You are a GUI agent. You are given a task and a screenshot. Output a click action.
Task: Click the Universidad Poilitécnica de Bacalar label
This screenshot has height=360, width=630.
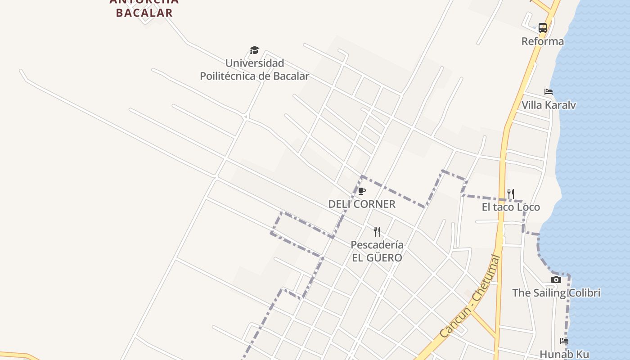pyautogui.click(x=254, y=70)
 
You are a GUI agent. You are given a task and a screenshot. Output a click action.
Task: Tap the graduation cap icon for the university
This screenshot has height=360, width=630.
pyautogui.click(x=255, y=50)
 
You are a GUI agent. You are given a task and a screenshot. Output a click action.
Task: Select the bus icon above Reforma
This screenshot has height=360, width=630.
pyautogui.click(x=543, y=27)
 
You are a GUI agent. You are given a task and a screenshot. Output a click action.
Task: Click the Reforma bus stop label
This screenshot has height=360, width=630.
pyautogui.click(x=542, y=41)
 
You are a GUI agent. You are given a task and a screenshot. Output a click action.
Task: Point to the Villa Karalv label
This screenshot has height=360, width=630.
pyautogui.click(x=549, y=105)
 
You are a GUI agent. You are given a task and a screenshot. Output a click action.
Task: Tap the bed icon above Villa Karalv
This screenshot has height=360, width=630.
pyautogui.click(x=549, y=92)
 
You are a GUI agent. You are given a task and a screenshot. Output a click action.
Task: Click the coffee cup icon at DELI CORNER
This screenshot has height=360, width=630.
pyautogui.click(x=362, y=191)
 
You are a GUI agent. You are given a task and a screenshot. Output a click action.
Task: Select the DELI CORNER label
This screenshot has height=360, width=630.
pyautogui.click(x=362, y=204)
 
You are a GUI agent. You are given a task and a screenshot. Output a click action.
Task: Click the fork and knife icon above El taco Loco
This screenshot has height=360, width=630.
pyautogui.click(x=511, y=194)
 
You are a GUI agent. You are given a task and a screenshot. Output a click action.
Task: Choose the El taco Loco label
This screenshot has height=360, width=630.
pyautogui.click(x=511, y=207)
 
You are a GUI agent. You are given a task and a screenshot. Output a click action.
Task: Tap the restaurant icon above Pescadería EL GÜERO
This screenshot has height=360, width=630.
pyautogui.click(x=377, y=232)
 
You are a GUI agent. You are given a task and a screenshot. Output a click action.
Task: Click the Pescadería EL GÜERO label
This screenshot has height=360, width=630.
pyautogui.click(x=377, y=252)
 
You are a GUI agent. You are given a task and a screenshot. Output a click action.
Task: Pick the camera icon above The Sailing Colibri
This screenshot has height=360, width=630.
pyautogui.click(x=556, y=280)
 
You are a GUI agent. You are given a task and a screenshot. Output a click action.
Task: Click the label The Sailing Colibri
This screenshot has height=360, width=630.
pyautogui.click(x=556, y=293)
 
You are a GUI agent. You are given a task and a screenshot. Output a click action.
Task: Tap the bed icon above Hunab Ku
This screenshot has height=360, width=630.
pyautogui.click(x=564, y=341)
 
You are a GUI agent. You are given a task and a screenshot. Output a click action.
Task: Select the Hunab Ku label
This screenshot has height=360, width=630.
pyautogui.click(x=564, y=355)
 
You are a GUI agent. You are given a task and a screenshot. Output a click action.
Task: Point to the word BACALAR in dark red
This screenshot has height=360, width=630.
pyautogui.click(x=144, y=13)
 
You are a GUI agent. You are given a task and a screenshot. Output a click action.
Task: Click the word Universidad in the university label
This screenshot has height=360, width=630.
pyautogui.click(x=254, y=63)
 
